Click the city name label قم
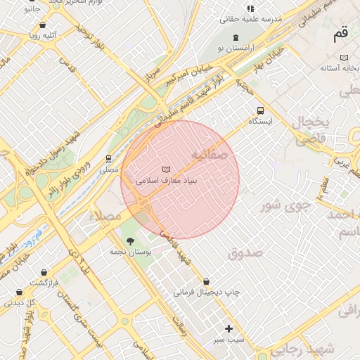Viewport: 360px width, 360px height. (x=340, y=34)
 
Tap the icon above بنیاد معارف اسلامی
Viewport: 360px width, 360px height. (x=166, y=169)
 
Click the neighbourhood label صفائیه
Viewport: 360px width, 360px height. (x=209, y=154)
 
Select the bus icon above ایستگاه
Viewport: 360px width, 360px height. (x=260, y=110)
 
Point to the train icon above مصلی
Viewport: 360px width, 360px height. (x=108, y=159)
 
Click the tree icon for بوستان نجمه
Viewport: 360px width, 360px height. (x=129, y=240)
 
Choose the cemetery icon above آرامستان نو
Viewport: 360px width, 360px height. (x=235, y=37)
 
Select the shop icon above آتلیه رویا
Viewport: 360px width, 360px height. (x=43, y=25)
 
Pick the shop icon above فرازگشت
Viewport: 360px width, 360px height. (x=44, y=271)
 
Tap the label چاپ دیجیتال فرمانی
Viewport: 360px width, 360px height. (x=207, y=291)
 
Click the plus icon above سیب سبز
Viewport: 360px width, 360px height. (x=229, y=328)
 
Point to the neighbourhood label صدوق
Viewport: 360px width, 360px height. (x=245, y=252)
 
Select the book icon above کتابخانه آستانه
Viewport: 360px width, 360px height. (x=344, y=58)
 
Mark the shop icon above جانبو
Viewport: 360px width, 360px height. (x=32, y=1)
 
